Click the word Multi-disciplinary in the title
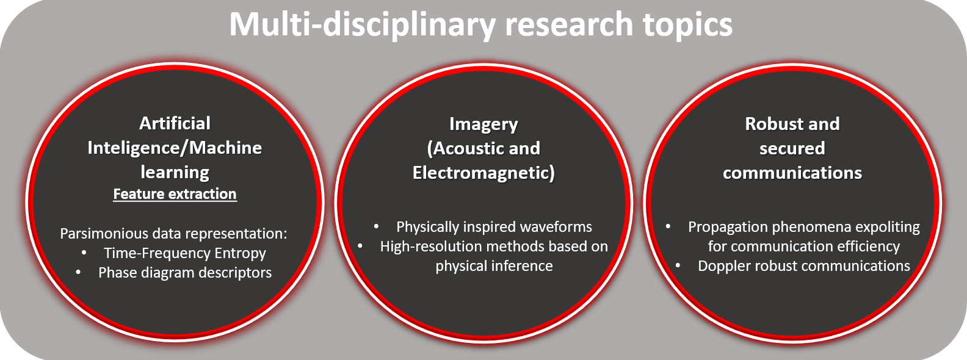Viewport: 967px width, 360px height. [362, 25]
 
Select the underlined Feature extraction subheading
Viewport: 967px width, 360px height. [175, 194]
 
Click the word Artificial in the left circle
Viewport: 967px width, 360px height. [175, 123]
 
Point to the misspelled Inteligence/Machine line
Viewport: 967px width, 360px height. [175, 148]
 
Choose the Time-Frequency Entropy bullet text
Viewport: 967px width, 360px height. [185, 253]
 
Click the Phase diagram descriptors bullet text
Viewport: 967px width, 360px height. [185, 272]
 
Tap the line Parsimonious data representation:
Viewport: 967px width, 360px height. [173, 234]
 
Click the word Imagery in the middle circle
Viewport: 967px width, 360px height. [483, 124]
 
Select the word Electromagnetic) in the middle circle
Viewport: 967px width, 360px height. [483, 173]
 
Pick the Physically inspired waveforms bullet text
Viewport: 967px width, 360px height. [494, 227]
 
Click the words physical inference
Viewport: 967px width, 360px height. [494, 266]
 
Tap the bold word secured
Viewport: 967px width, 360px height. [792, 148]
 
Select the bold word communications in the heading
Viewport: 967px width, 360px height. [792, 173]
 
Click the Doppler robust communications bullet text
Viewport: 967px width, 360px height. [804, 266]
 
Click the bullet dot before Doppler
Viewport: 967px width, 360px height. [678, 265]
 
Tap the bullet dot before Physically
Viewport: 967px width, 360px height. [376, 226]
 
